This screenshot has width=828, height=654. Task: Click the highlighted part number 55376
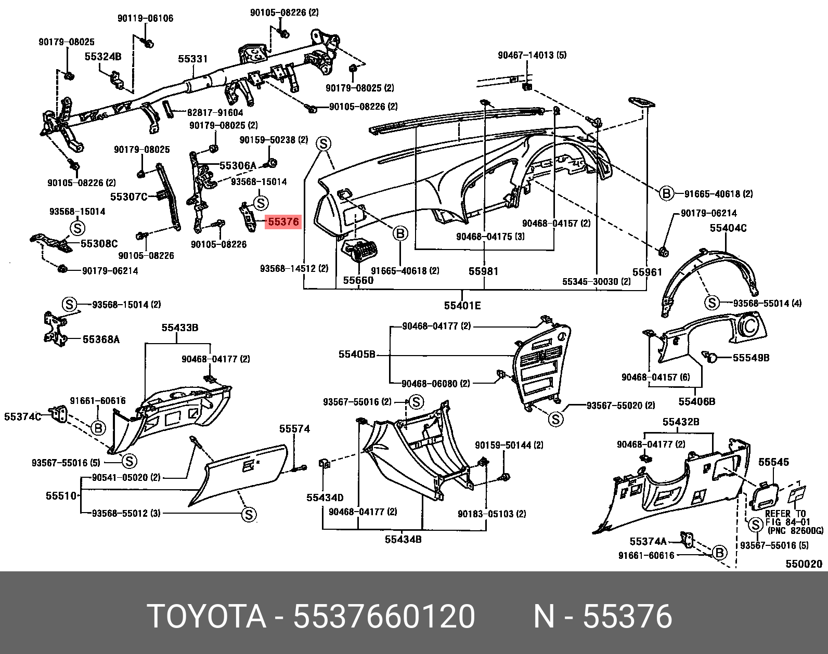click(x=283, y=222)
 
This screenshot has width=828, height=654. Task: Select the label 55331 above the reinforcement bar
click(x=193, y=59)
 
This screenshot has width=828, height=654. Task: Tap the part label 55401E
click(x=462, y=306)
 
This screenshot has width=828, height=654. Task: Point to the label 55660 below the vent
click(x=358, y=280)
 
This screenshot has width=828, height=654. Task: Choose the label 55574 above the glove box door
click(x=294, y=429)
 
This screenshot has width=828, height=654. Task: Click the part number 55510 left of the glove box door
click(x=61, y=496)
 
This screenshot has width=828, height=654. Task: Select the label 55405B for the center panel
click(x=357, y=355)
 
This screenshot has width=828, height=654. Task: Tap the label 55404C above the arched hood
click(x=728, y=228)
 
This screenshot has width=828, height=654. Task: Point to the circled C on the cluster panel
click(x=749, y=327)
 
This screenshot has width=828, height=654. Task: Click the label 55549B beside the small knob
click(x=751, y=358)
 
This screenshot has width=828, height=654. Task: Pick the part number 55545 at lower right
click(x=773, y=462)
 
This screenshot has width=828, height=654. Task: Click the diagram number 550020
click(x=804, y=564)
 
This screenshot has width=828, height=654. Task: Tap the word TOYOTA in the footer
click(x=207, y=617)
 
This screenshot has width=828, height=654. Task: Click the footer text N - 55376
click(x=603, y=617)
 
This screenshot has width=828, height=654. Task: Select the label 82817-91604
click(x=215, y=112)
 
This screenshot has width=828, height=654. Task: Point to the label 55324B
click(x=103, y=57)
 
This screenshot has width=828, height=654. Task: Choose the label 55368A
click(x=101, y=339)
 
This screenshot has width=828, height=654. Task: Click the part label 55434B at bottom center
click(x=403, y=540)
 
